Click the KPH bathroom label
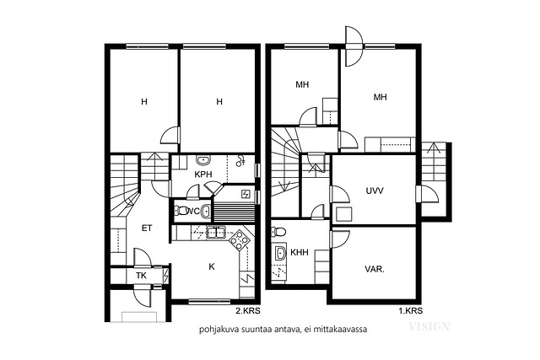coord(203,175)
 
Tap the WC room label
coord(192,211)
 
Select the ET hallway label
coord(147,228)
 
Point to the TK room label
coord(141,276)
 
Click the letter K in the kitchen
coord(212,266)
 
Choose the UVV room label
coord(375,191)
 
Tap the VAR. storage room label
coord(375,269)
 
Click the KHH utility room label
coord(300,253)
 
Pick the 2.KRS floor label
coord(248,311)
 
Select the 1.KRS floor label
coord(411,311)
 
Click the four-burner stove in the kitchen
coord(240,239)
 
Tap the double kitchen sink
coord(216,233)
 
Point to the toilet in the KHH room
coord(278,232)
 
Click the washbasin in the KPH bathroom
coord(203,160)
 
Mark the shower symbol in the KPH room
coord(240,160)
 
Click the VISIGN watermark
coord(429,326)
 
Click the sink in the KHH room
coord(279,253)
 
